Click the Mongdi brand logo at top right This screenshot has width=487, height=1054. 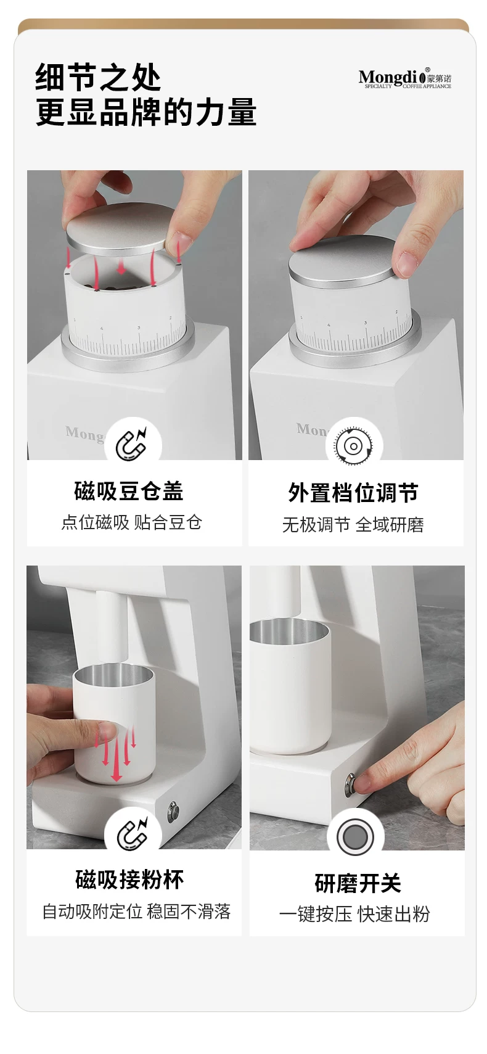[x=404, y=78]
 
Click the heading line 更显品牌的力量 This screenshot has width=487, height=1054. [x=146, y=112]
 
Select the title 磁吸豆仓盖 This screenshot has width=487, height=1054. [x=128, y=492]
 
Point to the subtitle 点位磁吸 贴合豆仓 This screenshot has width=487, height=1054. [x=132, y=522]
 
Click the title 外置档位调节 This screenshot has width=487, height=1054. [x=353, y=493]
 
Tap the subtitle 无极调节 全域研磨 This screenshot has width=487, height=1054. [x=353, y=525]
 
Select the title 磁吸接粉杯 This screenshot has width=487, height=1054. [x=129, y=880]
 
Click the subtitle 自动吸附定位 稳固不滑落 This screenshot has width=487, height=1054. [x=136, y=912]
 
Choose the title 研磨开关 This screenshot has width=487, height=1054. [x=358, y=883]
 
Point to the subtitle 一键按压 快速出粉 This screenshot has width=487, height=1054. [x=354, y=914]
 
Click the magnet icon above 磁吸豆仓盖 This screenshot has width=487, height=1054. [x=133, y=443]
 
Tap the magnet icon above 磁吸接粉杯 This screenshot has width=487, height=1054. [x=133, y=834]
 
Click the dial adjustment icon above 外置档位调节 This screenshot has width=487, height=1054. [x=354, y=446]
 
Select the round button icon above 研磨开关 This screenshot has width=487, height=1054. [x=355, y=837]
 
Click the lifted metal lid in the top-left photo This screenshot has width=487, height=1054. [x=118, y=230]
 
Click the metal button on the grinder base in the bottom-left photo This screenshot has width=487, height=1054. [x=174, y=812]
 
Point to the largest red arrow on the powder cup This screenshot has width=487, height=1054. [x=117, y=754]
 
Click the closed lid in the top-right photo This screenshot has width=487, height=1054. [x=343, y=261]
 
